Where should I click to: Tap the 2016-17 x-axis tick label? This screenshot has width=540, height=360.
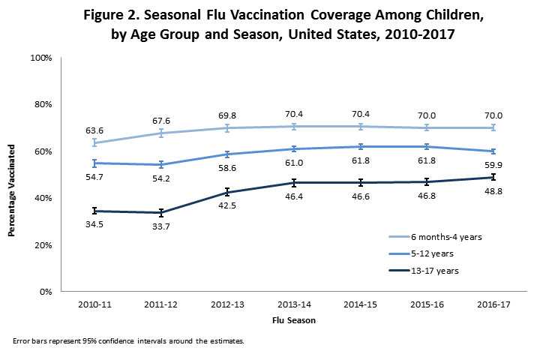pos(490,307)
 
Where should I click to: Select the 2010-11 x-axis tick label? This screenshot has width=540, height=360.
pos(96,307)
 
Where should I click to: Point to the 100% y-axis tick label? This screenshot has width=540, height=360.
pos(41,58)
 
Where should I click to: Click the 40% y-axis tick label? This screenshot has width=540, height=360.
pos(43,198)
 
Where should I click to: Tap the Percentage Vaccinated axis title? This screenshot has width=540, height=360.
pos(13,175)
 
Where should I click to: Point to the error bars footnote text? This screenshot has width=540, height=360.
pos(128,341)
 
